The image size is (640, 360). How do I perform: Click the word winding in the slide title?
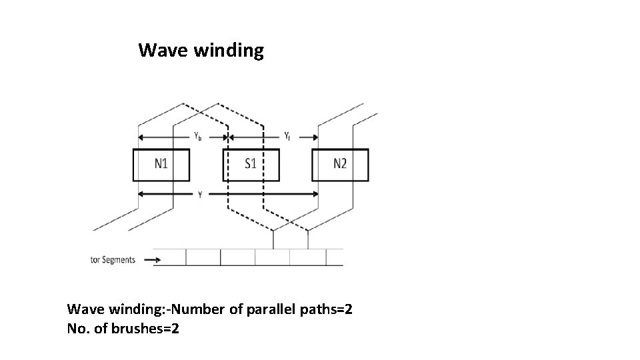pyautogui.click(x=229, y=51)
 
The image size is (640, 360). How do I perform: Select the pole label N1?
pyautogui.click(x=161, y=165)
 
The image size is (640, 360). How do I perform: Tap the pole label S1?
pyautogui.click(x=251, y=165)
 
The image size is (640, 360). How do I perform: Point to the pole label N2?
pyautogui.click(x=340, y=165)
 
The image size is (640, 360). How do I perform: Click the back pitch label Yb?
pyautogui.click(x=198, y=136)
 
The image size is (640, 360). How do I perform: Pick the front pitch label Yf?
pyautogui.click(x=287, y=136)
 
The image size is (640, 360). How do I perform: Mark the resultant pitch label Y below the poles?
pyautogui.click(x=200, y=195)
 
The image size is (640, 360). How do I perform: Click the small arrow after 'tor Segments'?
pyautogui.click(x=161, y=260)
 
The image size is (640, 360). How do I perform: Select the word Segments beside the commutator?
pyautogui.click(x=119, y=260)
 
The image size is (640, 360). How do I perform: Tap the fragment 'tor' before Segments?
pyautogui.click(x=96, y=260)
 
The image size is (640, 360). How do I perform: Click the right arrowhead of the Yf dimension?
pyautogui.click(x=315, y=138)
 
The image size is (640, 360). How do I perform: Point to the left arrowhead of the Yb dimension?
pyautogui.click(x=140, y=138)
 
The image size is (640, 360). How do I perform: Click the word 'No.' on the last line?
pyautogui.click(x=79, y=329)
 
